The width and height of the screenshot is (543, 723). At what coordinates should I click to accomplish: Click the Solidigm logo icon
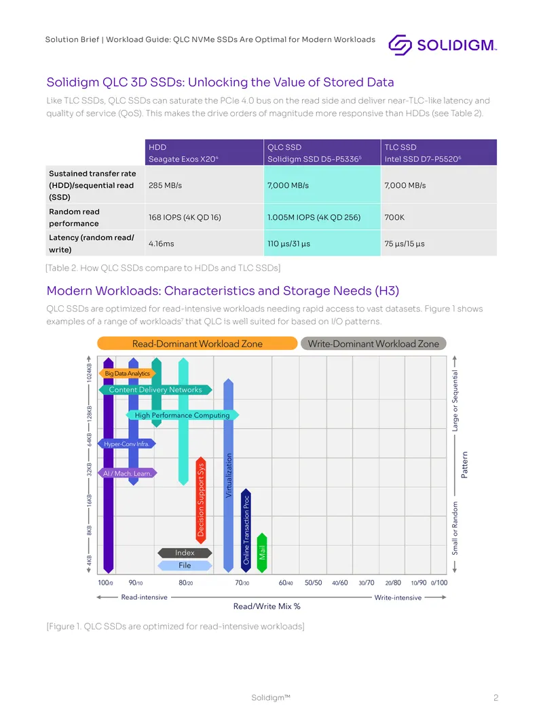[x=400, y=45]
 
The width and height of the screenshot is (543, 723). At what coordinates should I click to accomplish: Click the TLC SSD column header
[x=438, y=153]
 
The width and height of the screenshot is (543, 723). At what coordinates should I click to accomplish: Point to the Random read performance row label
[x=74, y=218]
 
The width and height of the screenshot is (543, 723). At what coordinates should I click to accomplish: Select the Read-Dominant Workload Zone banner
[x=197, y=343]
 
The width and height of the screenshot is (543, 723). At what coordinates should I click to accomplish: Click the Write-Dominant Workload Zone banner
[x=373, y=343]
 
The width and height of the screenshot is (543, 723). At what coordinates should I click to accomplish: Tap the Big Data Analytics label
[x=128, y=374]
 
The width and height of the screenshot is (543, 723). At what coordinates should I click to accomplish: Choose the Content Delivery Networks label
[x=155, y=389]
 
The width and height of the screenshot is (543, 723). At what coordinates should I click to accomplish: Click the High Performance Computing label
[x=182, y=415]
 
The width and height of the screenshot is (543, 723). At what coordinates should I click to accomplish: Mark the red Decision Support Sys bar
[x=201, y=501]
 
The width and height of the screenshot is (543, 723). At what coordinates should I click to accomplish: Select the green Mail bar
[x=262, y=552]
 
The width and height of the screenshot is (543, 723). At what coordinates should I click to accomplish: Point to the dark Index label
[x=185, y=552]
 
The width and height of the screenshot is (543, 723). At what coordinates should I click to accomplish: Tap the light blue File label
[x=185, y=565]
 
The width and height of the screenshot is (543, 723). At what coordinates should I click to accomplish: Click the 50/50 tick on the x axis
[x=314, y=583]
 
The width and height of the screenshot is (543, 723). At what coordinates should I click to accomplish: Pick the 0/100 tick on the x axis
[x=439, y=583]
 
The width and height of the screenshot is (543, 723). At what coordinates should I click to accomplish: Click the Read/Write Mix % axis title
[x=267, y=606]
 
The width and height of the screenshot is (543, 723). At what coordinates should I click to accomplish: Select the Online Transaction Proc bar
[x=246, y=530]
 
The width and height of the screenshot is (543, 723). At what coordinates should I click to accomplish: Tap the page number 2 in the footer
[x=496, y=698]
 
